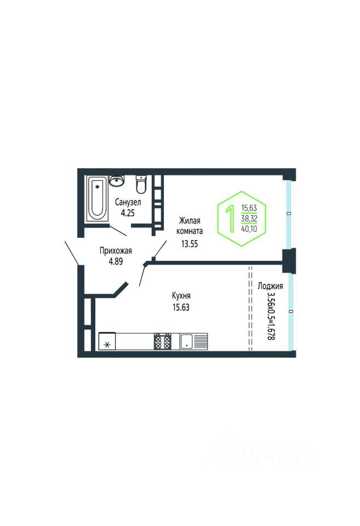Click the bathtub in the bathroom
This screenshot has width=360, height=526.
(98, 198)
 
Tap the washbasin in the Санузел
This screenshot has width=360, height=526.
(117, 181)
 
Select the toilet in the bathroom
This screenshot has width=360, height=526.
(141, 185)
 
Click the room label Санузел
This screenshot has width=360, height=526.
(128, 202)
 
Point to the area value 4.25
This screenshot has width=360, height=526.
(128, 213)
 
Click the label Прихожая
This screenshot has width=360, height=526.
(116, 250)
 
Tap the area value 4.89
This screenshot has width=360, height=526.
(116, 261)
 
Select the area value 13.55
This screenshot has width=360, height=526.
(190, 244)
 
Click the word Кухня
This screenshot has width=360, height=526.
(181, 295)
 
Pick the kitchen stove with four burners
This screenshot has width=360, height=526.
(163, 341)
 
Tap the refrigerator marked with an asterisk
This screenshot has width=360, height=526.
(107, 341)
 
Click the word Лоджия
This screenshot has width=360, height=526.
(270, 286)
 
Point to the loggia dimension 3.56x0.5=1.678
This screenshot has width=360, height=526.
(271, 316)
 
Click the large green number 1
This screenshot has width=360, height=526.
(231, 219)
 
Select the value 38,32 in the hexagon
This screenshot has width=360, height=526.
(249, 219)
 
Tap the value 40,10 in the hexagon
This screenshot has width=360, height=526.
(249, 229)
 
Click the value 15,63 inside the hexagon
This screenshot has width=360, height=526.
(249, 208)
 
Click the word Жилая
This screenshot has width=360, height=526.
(190, 221)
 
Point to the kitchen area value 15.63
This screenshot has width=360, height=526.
(181, 307)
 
